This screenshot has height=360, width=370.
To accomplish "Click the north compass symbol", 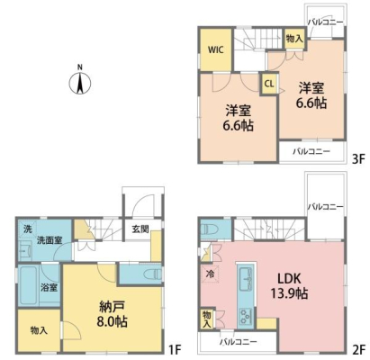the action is (x=80, y=81).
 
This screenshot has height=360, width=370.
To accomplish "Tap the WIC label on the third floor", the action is (x=216, y=49).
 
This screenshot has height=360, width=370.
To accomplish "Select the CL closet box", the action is (x=269, y=84).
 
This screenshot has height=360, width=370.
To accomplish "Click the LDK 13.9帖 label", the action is (x=289, y=286).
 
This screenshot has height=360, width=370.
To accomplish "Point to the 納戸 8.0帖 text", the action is (x=112, y=314).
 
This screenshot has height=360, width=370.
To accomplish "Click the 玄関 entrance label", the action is (x=140, y=229).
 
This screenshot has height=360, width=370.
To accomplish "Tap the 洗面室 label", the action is (x=50, y=240).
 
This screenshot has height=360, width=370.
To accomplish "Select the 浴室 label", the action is (x=50, y=287).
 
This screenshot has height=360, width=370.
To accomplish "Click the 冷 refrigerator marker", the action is (x=210, y=274).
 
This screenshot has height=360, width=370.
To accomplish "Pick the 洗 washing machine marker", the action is (x=28, y=229).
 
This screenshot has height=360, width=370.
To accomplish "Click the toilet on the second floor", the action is (x=208, y=230).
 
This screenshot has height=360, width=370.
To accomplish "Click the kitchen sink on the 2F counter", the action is (x=246, y=280).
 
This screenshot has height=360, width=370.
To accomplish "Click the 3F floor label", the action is (x=358, y=159).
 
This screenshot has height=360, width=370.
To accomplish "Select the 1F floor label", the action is (x=175, y=349).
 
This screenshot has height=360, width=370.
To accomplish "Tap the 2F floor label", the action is (x=358, y=349).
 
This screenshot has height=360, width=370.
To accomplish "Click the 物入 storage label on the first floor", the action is (x=39, y=330).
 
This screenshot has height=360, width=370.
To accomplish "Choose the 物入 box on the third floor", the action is (x=294, y=39).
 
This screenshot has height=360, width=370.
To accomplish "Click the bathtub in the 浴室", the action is (x=29, y=285).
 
